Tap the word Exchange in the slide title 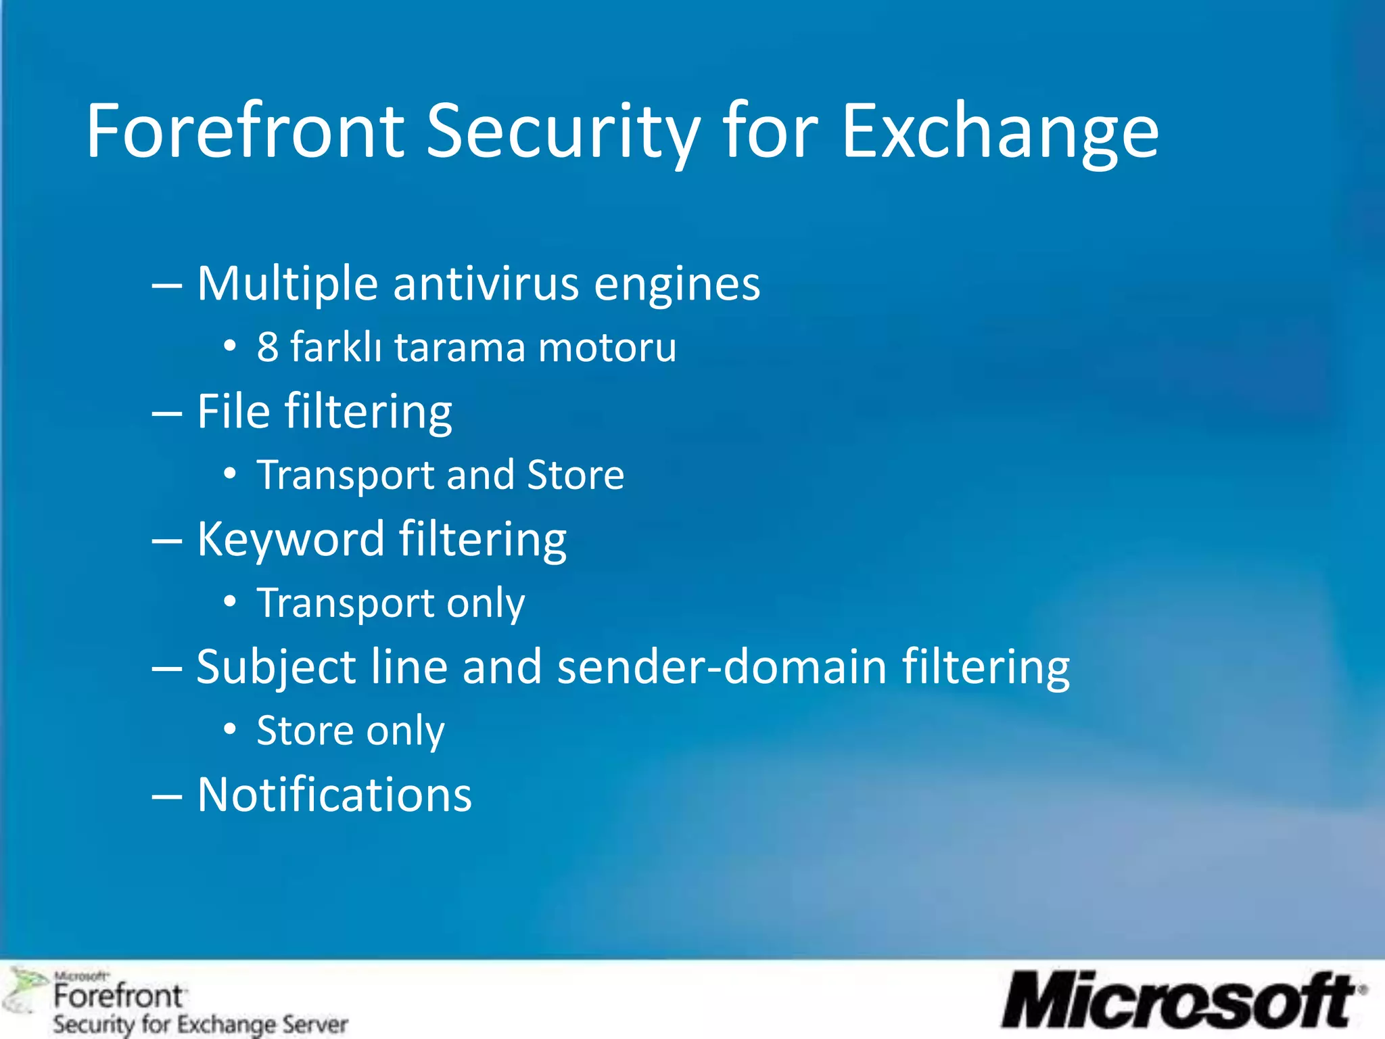coord(1000,132)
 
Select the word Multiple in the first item coord(287,284)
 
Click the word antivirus coord(485,284)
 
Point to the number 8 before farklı coord(268,348)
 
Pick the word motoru coord(607,348)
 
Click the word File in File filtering coord(233,411)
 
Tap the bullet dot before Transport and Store coord(231,474)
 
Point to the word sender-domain coord(722,667)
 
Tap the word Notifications coord(335,795)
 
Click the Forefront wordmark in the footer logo coord(118,996)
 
